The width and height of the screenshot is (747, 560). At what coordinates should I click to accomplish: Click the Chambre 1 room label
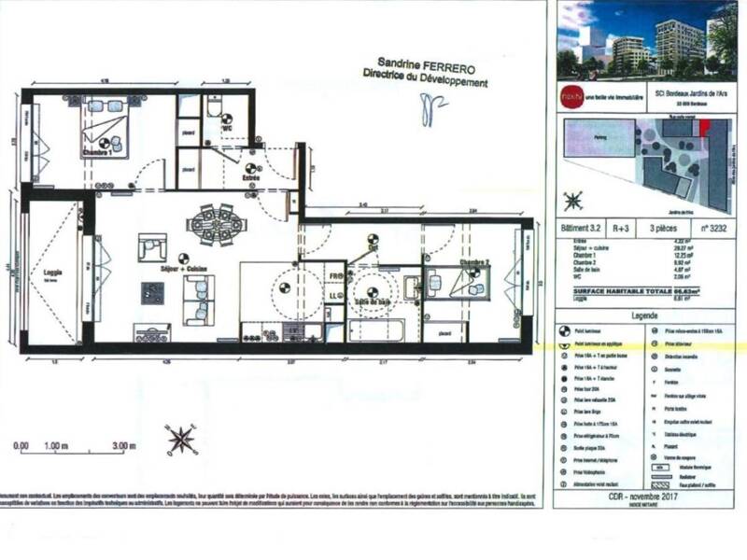click(98, 153)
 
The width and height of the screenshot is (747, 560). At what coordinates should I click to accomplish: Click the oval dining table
click(213, 224)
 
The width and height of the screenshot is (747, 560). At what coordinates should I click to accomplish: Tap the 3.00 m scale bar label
click(122, 446)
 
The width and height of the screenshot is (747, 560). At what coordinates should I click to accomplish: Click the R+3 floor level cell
click(620, 226)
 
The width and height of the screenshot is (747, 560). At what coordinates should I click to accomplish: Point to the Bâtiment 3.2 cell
click(580, 226)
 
